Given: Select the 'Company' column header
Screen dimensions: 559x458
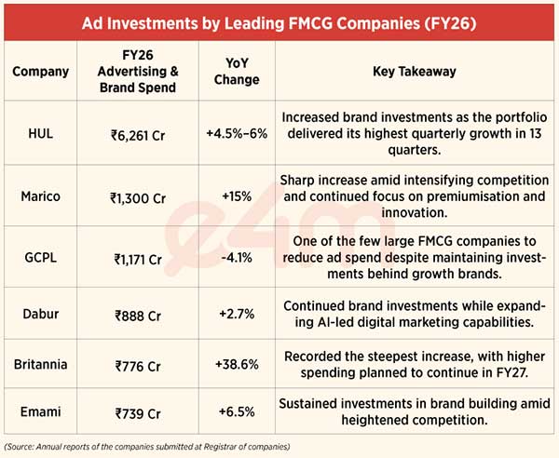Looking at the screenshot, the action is tap(41, 72).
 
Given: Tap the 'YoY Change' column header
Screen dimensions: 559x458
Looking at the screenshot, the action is tap(237, 72).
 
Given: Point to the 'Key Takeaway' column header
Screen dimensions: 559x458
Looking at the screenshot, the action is tap(415, 72).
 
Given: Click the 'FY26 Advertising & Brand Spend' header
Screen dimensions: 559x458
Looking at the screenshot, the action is tap(138, 72).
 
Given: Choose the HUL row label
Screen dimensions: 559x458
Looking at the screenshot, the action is tap(41, 133).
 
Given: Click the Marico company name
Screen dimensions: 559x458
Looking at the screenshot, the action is tap(41, 196).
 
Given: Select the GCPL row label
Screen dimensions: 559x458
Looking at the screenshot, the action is tap(41, 257).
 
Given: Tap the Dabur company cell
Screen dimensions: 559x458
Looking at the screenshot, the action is tap(41, 314).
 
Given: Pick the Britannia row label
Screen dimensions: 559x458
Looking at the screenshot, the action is tap(41, 364).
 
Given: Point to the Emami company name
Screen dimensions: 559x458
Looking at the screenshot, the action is tap(41, 411).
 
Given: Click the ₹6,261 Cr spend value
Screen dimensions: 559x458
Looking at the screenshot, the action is tap(138, 136).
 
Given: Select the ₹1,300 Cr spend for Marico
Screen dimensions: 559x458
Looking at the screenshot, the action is tap(138, 198).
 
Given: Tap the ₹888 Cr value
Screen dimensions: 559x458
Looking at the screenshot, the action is tap(138, 316).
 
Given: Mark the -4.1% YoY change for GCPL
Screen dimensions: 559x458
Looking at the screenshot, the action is tap(237, 257).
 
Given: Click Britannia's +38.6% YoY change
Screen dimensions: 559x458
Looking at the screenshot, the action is tap(237, 364).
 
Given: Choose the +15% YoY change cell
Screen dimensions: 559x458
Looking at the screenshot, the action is tap(237, 196).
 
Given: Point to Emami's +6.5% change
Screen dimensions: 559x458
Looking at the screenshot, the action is tap(237, 411).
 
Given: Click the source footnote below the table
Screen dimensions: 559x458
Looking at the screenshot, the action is tap(147, 447).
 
